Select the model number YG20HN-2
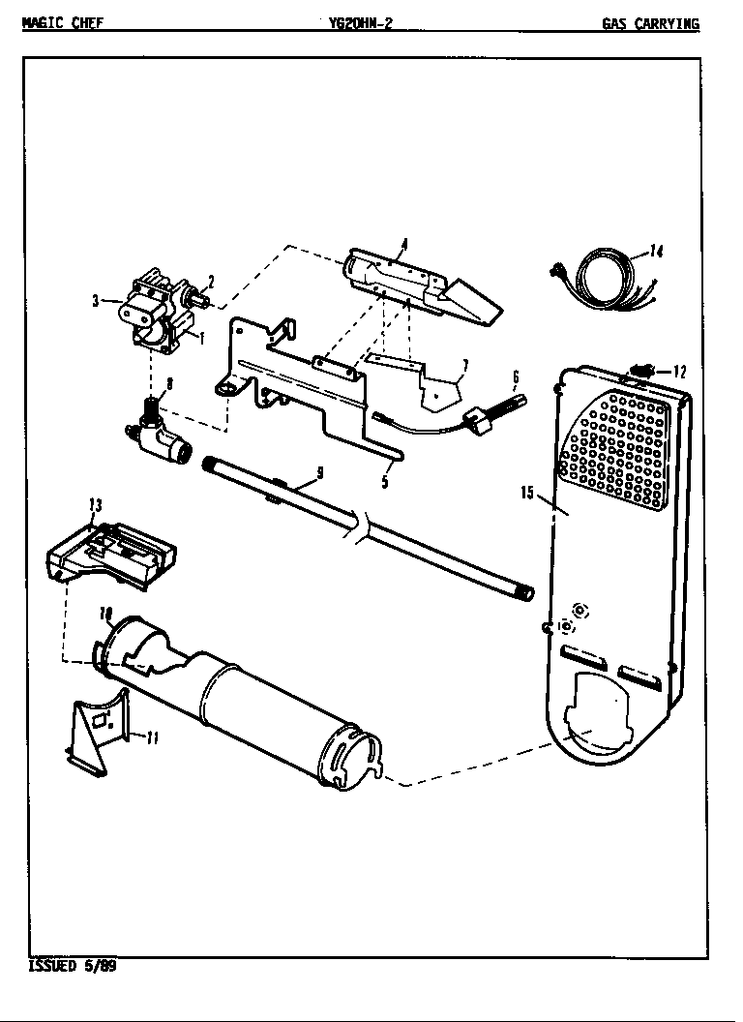pos(360,25)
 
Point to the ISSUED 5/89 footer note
pos(73,966)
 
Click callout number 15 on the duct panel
pos(527,493)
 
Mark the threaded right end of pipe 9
pos(525,591)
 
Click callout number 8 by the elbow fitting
pos(170,384)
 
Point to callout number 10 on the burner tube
pos(106,614)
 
